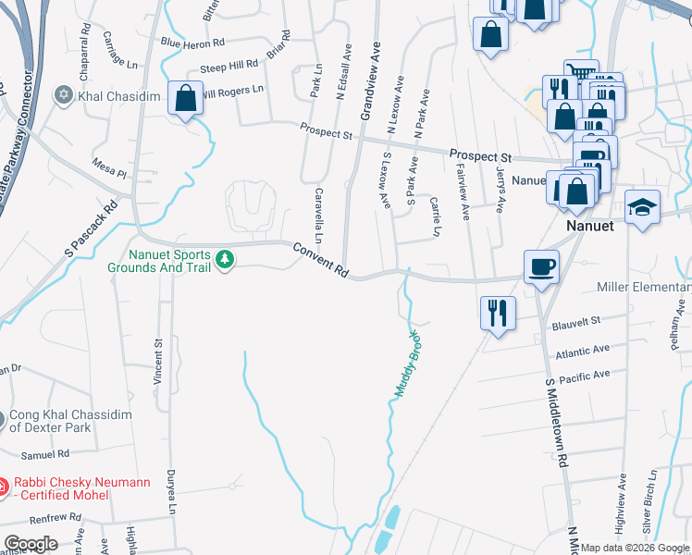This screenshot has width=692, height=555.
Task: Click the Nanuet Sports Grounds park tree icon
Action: [225, 261]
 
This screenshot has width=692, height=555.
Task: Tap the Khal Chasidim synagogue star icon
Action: [65, 94]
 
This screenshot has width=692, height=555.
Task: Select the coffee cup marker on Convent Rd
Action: [541, 267]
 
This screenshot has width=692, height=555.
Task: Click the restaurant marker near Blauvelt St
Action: [498, 313]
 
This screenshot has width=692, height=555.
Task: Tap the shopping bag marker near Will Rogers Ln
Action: [186, 98]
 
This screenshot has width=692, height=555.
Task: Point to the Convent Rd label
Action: [321, 261]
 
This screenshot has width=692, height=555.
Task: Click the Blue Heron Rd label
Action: [192, 43]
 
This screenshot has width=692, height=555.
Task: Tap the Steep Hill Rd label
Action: [229, 67]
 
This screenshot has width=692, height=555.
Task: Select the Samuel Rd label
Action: [45, 454]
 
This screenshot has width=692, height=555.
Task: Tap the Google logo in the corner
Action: [30, 543]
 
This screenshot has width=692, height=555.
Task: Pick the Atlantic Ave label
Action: [583, 351]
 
